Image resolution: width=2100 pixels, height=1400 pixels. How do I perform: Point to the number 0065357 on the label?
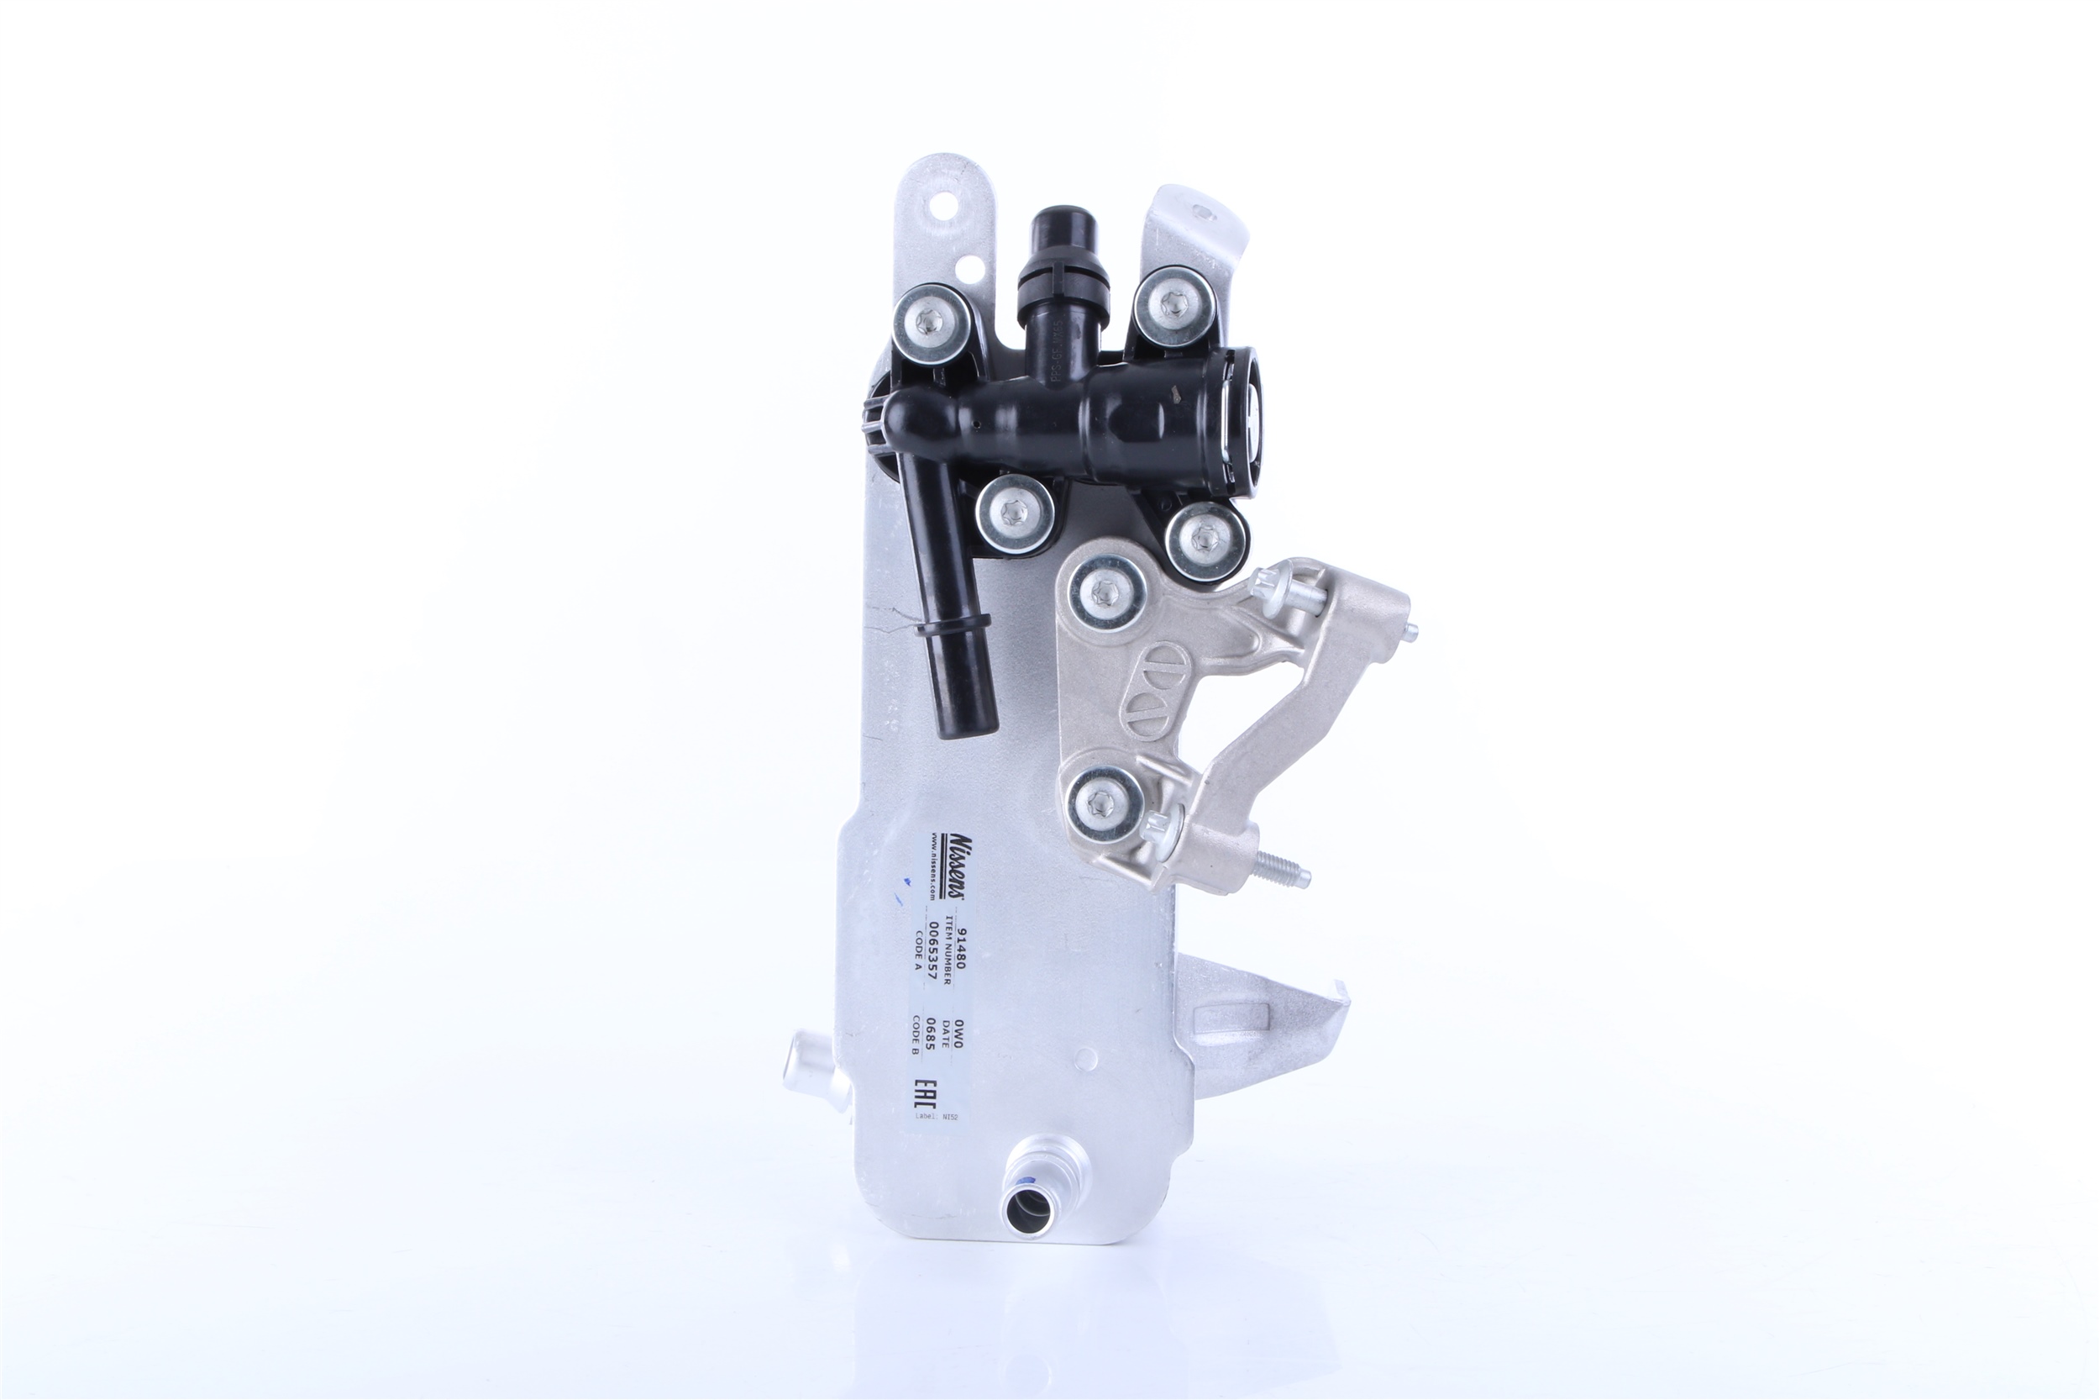pos(932,951)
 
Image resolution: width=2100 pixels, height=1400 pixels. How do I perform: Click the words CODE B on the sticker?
pos(915,1034)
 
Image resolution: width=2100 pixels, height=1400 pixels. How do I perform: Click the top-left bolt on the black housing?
pos(930,324)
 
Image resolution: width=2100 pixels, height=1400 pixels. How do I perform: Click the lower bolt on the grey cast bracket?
pos(1105,803)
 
